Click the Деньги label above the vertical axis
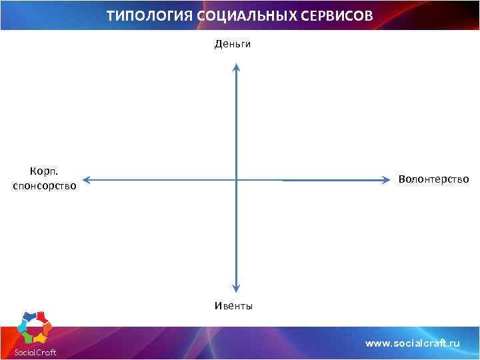[232, 44]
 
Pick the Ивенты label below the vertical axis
[233, 306]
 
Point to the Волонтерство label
[433, 179]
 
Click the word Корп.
[44, 172]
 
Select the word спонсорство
[44, 186]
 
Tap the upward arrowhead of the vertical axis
[236, 66]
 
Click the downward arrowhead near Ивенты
[236, 289]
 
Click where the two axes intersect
[236, 179]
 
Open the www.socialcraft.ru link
[412, 343]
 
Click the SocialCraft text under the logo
[35, 352]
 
